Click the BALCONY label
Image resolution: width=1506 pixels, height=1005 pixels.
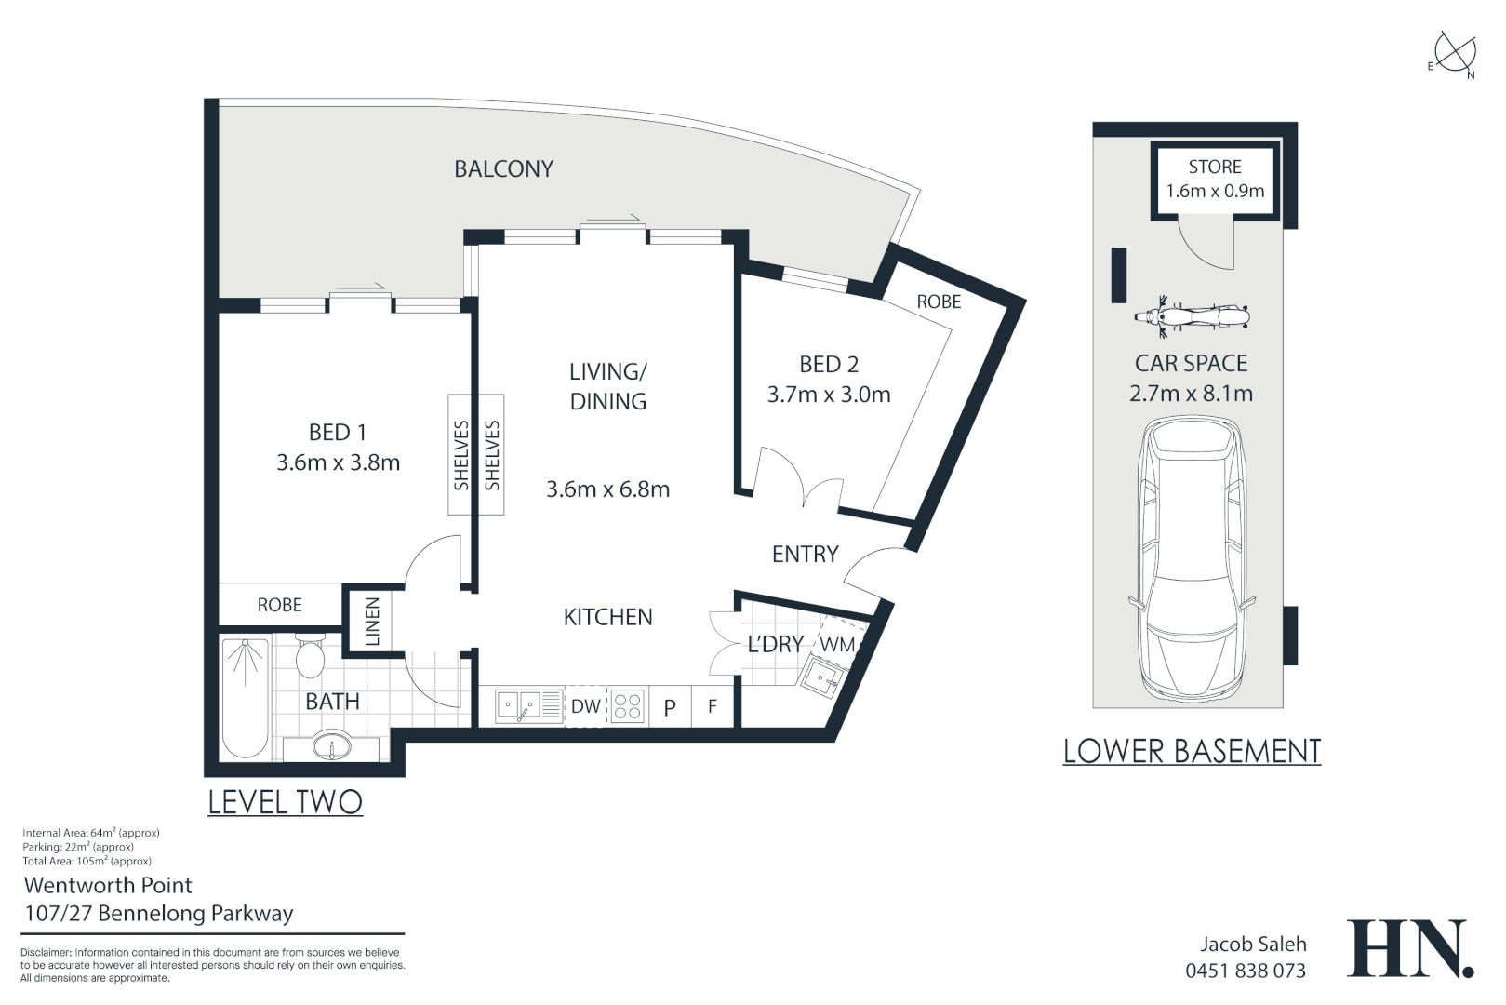click(x=503, y=168)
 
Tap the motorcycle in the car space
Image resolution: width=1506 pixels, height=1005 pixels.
click(x=1192, y=316)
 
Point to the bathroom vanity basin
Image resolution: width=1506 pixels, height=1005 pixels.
click(x=331, y=745)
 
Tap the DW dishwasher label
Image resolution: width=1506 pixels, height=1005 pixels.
click(x=586, y=706)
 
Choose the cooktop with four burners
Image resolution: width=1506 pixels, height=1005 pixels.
click(x=628, y=706)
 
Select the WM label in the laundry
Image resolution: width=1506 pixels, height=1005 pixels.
click(x=838, y=645)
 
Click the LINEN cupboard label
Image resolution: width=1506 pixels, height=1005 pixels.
click(x=372, y=622)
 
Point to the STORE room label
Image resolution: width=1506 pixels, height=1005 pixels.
click(x=1215, y=167)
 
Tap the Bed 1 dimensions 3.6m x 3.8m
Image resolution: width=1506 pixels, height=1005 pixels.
click(x=339, y=462)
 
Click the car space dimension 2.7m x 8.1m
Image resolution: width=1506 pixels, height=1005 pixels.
click(x=1192, y=394)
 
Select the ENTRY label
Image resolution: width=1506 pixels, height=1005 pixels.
click(x=806, y=555)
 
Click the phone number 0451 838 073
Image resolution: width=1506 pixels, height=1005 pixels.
click(x=1246, y=971)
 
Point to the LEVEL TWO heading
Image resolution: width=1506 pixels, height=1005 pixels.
click(x=285, y=802)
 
